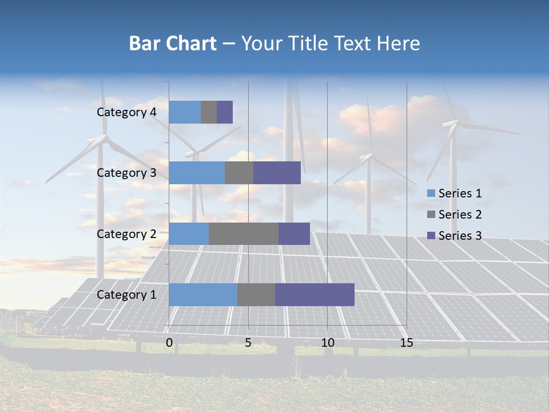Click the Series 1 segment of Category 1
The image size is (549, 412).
click(x=203, y=295)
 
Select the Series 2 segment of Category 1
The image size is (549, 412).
click(x=256, y=295)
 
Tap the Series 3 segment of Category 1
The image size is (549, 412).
click(x=315, y=295)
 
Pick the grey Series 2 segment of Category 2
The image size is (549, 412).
click(x=244, y=233)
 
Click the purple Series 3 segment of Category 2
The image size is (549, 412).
click(x=294, y=233)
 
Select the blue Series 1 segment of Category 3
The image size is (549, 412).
click(x=197, y=173)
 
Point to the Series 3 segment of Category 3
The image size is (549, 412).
click(x=277, y=173)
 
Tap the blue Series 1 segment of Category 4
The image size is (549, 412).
click(x=185, y=112)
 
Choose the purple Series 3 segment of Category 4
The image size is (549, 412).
click(x=225, y=112)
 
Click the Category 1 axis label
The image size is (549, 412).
click(x=126, y=295)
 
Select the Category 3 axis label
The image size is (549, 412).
click(x=126, y=173)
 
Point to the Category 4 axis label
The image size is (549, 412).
click(x=126, y=112)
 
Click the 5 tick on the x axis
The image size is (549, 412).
click(x=248, y=343)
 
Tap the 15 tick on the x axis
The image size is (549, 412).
click(x=407, y=343)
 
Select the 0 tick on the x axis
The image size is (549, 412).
click(x=169, y=343)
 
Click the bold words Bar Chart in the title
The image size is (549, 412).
click(x=173, y=43)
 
